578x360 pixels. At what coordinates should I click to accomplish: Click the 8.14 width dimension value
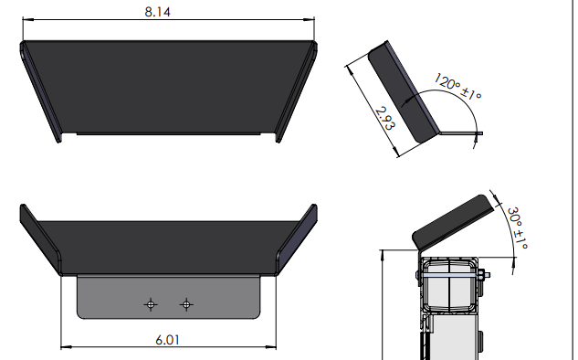click(157, 12)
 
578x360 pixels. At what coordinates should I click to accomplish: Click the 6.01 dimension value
click(167, 340)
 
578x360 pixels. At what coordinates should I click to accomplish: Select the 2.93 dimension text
click(385, 119)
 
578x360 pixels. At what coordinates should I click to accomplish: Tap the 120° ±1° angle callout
click(457, 87)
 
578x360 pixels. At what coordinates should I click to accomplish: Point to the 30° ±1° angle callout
click(518, 228)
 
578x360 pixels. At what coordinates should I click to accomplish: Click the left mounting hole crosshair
click(151, 304)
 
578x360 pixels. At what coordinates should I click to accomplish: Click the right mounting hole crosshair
click(186, 304)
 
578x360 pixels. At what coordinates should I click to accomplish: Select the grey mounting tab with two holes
click(168, 297)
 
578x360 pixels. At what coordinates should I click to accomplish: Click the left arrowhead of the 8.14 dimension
click(27, 19)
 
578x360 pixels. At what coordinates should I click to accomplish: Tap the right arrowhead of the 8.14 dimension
click(310, 19)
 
